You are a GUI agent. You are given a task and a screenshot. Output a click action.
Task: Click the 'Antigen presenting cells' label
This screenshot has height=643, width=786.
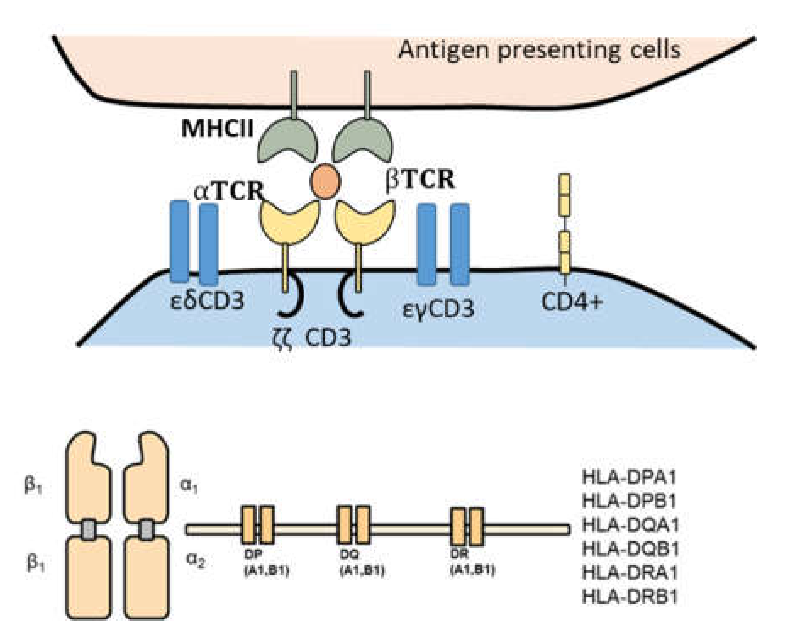click(539, 50)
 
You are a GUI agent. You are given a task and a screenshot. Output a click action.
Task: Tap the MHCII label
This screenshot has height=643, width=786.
click(217, 128)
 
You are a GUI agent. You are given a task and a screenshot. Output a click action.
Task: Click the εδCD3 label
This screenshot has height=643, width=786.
click(207, 301)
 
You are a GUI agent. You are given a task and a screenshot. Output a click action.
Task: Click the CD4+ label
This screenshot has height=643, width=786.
click(572, 302)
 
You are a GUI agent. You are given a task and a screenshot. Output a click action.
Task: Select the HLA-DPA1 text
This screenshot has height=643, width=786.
click(630, 478)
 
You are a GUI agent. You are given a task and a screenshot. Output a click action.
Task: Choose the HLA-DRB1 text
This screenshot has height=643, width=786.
click(630, 597)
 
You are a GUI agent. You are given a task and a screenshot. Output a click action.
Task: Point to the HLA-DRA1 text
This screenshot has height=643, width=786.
click(630, 573)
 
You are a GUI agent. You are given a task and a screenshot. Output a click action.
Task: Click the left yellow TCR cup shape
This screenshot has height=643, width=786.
click(289, 223)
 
